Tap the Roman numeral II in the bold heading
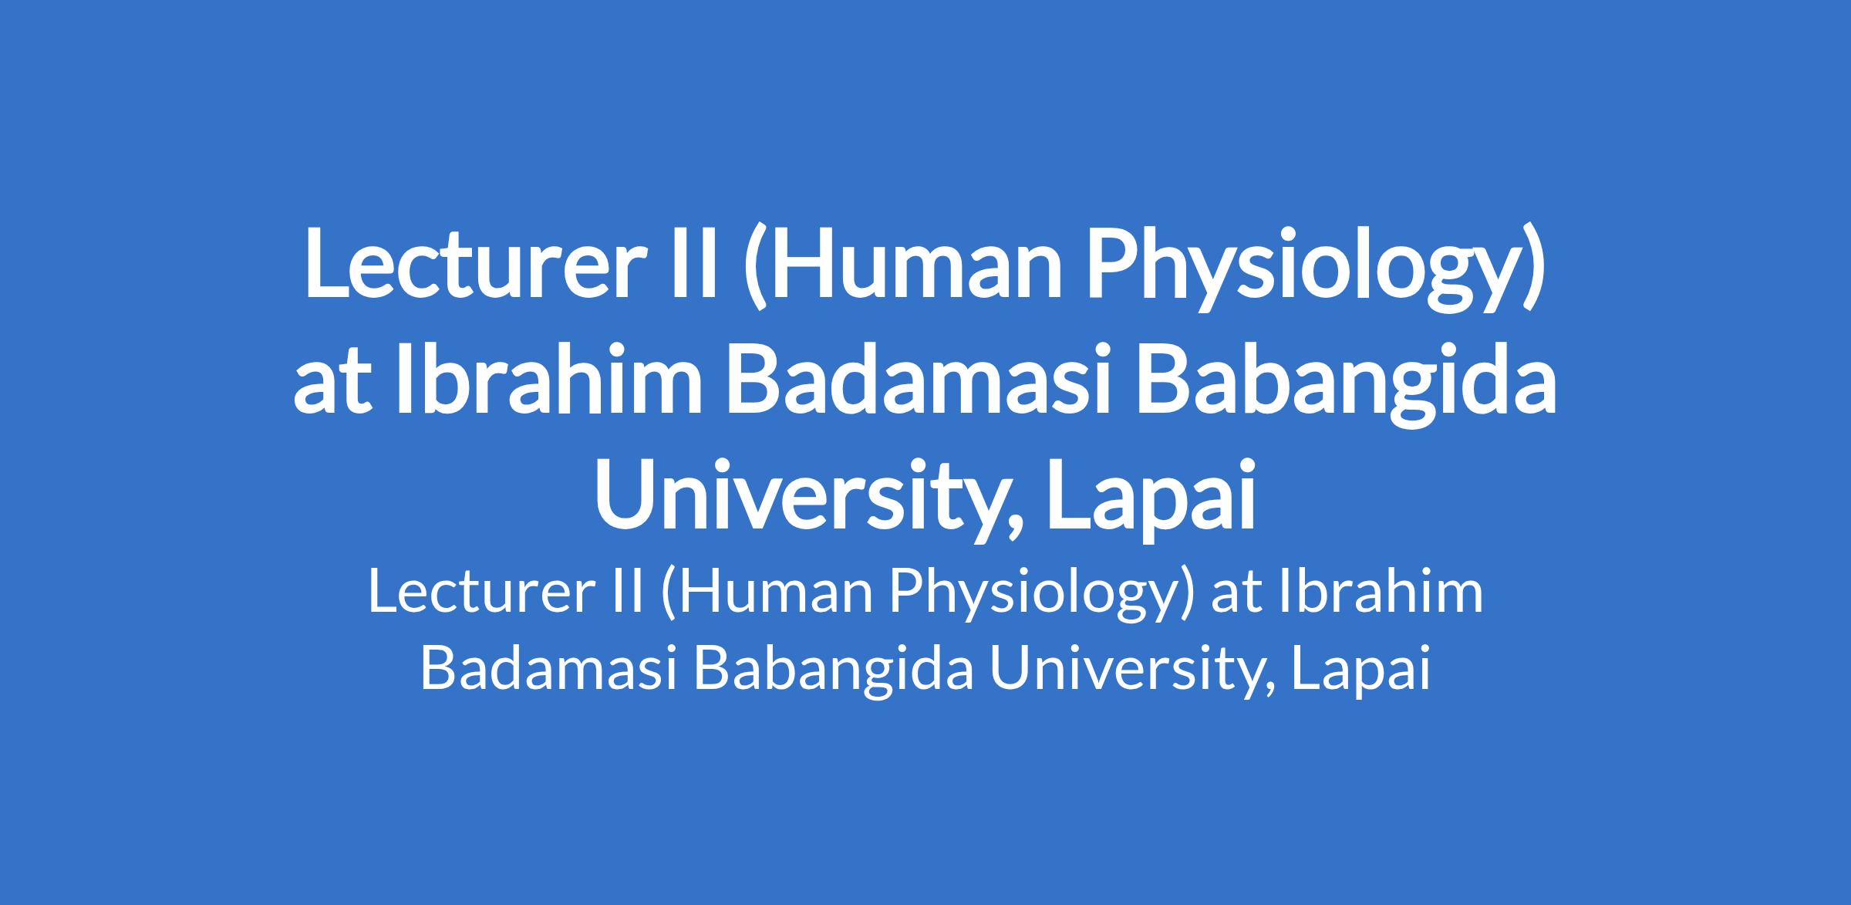coord(684,263)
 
